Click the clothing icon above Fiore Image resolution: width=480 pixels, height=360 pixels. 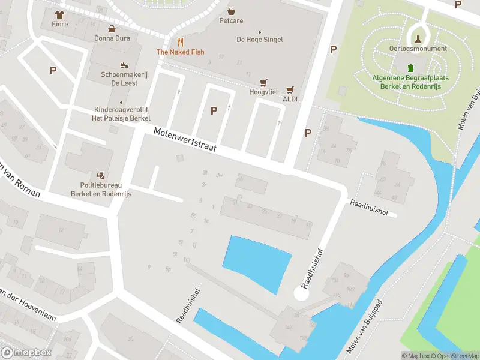point(59,14)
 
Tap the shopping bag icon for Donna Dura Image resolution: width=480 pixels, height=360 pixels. point(112,28)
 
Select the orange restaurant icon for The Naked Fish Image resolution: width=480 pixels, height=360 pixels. point(180,42)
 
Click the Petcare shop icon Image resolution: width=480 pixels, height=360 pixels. point(232,11)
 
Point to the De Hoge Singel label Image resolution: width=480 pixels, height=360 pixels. point(259,40)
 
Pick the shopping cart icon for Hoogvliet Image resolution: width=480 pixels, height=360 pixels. point(262,83)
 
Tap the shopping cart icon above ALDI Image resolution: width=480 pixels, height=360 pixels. point(290,90)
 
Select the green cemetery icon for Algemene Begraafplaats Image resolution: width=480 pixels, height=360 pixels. point(411,68)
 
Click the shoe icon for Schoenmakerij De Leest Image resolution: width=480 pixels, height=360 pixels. point(124,65)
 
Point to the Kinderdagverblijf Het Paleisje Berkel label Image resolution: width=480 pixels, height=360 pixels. point(121,114)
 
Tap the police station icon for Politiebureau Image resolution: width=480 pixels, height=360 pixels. point(102,176)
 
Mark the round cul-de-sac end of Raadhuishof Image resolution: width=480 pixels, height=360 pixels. point(301,293)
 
